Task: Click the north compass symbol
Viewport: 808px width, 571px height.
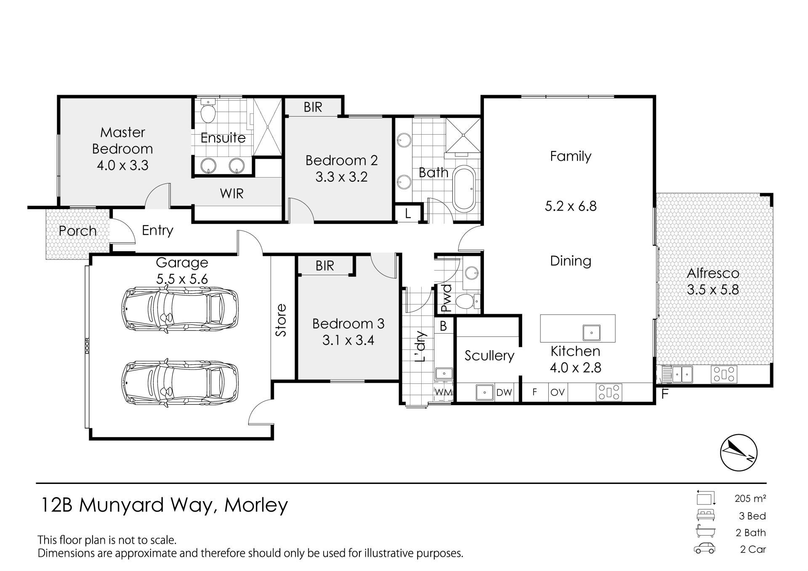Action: pos(739,452)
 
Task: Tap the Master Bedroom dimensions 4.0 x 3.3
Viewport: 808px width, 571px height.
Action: pos(122,165)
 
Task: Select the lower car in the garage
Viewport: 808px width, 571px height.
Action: pos(180,382)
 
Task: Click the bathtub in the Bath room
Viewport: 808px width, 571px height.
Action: pos(465,189)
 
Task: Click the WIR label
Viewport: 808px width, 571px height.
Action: pos(232,194)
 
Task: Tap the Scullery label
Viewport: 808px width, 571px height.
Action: pos(489,356)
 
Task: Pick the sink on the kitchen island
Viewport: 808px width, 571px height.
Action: pos(591,332)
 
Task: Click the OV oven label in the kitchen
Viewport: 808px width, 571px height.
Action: pos(558,392)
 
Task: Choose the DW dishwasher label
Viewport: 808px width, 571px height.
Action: pos(504,393)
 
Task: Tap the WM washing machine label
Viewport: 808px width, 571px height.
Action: pos(444,392)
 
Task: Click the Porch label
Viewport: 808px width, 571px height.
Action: pos(77,231)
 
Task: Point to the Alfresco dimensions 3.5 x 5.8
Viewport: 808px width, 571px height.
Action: pos(713,289)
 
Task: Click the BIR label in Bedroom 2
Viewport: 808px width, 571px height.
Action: pos(313,107)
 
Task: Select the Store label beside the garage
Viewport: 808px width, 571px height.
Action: pos(281,320)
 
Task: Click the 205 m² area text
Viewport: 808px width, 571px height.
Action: pos(750,499)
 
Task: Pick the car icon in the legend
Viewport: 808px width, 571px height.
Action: pos(704,549)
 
